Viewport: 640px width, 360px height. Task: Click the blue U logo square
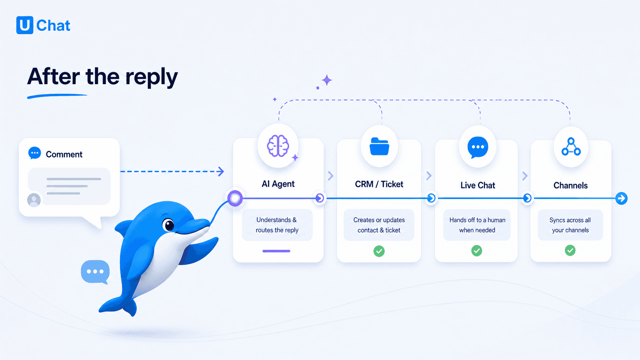(x=25, y=25)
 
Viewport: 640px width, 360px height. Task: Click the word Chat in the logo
(x=53, y=25)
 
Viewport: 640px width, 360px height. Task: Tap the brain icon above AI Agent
(x=278, y=146)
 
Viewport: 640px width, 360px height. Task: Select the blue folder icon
(x=379, y=147)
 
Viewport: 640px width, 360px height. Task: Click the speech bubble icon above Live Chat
(x=477, y=147)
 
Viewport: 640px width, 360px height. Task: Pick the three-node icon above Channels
(x=571, y=147)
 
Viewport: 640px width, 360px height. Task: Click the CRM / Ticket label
(x=379, y=184)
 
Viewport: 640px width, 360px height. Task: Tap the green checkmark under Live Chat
(x=477, y=251)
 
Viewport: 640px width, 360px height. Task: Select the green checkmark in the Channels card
(x=570, y=250)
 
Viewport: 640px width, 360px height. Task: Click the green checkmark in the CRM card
(x=379, y=251)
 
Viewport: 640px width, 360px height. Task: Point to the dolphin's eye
(x=168, y=225)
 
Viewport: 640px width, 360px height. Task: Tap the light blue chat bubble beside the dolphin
(x=95, y=272)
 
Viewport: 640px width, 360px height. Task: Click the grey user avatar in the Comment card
(x=34, y=200)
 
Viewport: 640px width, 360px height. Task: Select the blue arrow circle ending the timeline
(x=621, y=199)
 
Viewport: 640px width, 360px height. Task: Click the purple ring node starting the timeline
(x=235, y=198)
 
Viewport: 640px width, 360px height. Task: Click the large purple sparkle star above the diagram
(x=327, y=80)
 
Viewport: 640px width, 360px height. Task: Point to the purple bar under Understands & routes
(x=276, y=251)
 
